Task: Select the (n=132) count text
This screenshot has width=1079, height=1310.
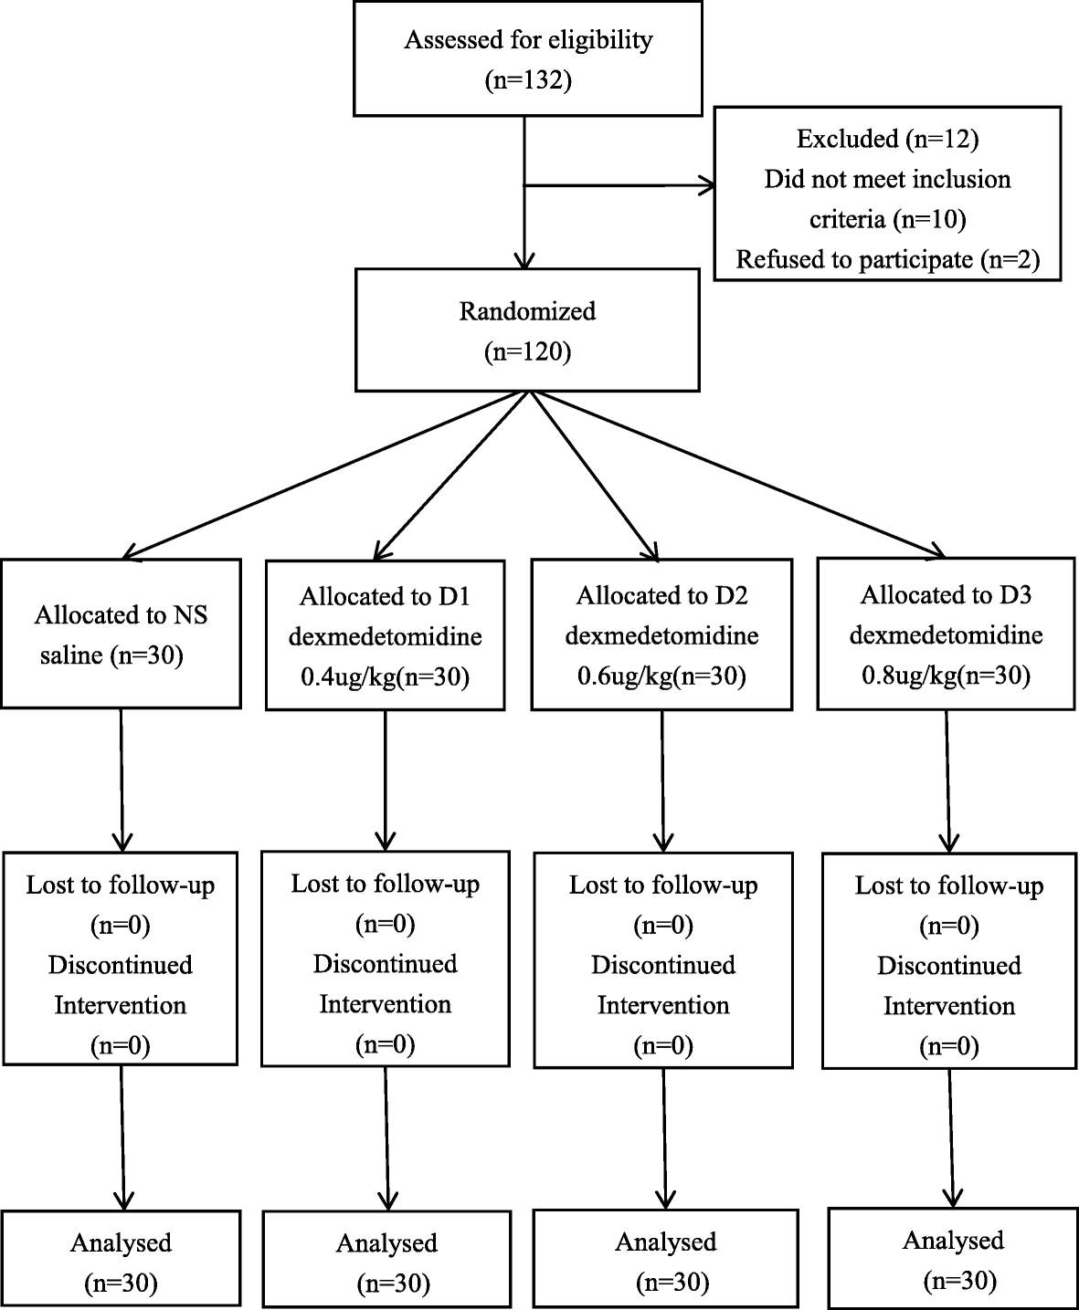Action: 527,81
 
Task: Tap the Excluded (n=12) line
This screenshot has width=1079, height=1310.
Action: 887,139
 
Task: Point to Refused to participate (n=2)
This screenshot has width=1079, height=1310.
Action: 887,259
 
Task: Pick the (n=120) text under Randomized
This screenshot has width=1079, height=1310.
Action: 527,352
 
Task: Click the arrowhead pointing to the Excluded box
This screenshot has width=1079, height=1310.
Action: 707,186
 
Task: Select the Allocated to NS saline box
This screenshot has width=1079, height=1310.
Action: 121,634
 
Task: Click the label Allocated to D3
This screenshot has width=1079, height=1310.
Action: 946,595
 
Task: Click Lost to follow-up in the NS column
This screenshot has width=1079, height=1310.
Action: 121,885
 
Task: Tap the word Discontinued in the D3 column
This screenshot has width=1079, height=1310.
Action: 949,965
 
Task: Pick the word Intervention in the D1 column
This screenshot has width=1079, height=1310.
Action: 385,1004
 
